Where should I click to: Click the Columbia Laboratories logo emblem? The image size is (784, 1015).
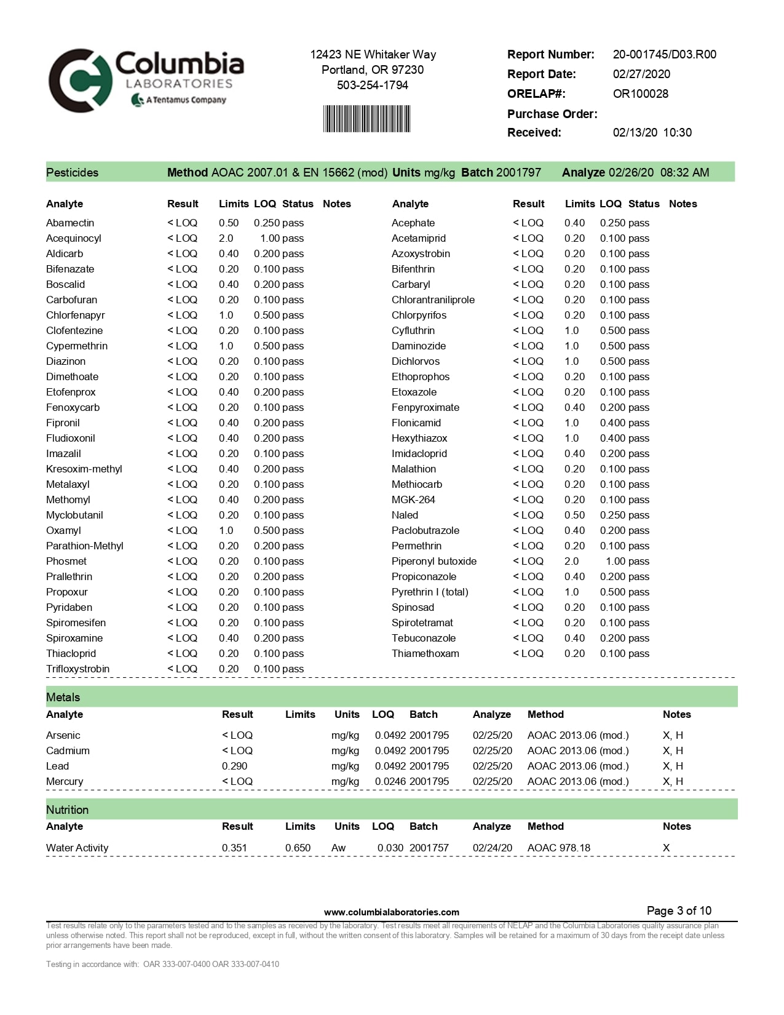coord(81,81)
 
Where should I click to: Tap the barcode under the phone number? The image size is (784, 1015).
coord(366,119)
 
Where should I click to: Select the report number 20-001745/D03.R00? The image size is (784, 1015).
coord(664,54)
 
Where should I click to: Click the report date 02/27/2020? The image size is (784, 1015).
coord(641,74)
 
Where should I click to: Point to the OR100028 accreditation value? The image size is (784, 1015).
coord(640,94)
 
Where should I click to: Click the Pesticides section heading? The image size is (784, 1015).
coord(72,172)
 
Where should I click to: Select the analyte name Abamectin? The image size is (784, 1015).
coord(70,223)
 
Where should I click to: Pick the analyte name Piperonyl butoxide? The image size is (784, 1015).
coord(434,561)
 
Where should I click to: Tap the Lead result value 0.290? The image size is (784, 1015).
coord(234,766)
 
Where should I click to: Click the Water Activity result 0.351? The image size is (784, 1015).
coord(234,848)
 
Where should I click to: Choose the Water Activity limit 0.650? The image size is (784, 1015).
coord(298,848)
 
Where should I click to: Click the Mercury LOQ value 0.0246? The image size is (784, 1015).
coord(390,781)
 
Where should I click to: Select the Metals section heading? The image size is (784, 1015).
coord(63,697)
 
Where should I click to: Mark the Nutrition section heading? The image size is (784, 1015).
coord(67,810)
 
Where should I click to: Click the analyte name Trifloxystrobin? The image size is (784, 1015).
coord(77,669)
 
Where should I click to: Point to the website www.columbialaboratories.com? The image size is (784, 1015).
coord(391,912)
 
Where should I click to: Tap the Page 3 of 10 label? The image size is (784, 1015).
coord(679,910)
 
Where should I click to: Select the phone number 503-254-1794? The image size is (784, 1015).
coord(372,85)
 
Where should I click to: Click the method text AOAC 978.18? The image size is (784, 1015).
coord(558,848)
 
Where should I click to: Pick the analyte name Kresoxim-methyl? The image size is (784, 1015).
coord(84,469)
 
